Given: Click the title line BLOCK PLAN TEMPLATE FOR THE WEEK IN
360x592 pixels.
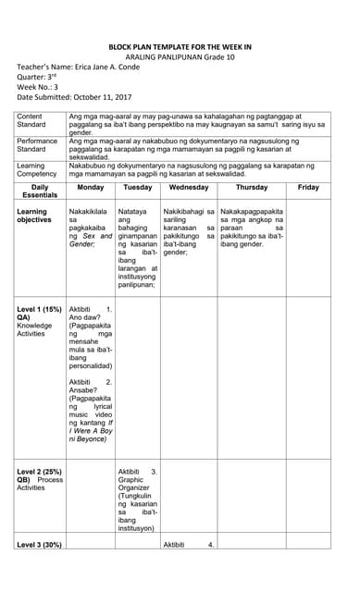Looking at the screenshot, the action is click(x=180, y=44).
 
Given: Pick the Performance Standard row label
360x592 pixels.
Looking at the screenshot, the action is click(x=37, y=143).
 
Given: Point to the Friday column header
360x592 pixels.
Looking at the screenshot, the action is click(x=308, y=187).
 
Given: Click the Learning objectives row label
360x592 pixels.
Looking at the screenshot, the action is click(x=38, y=217).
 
